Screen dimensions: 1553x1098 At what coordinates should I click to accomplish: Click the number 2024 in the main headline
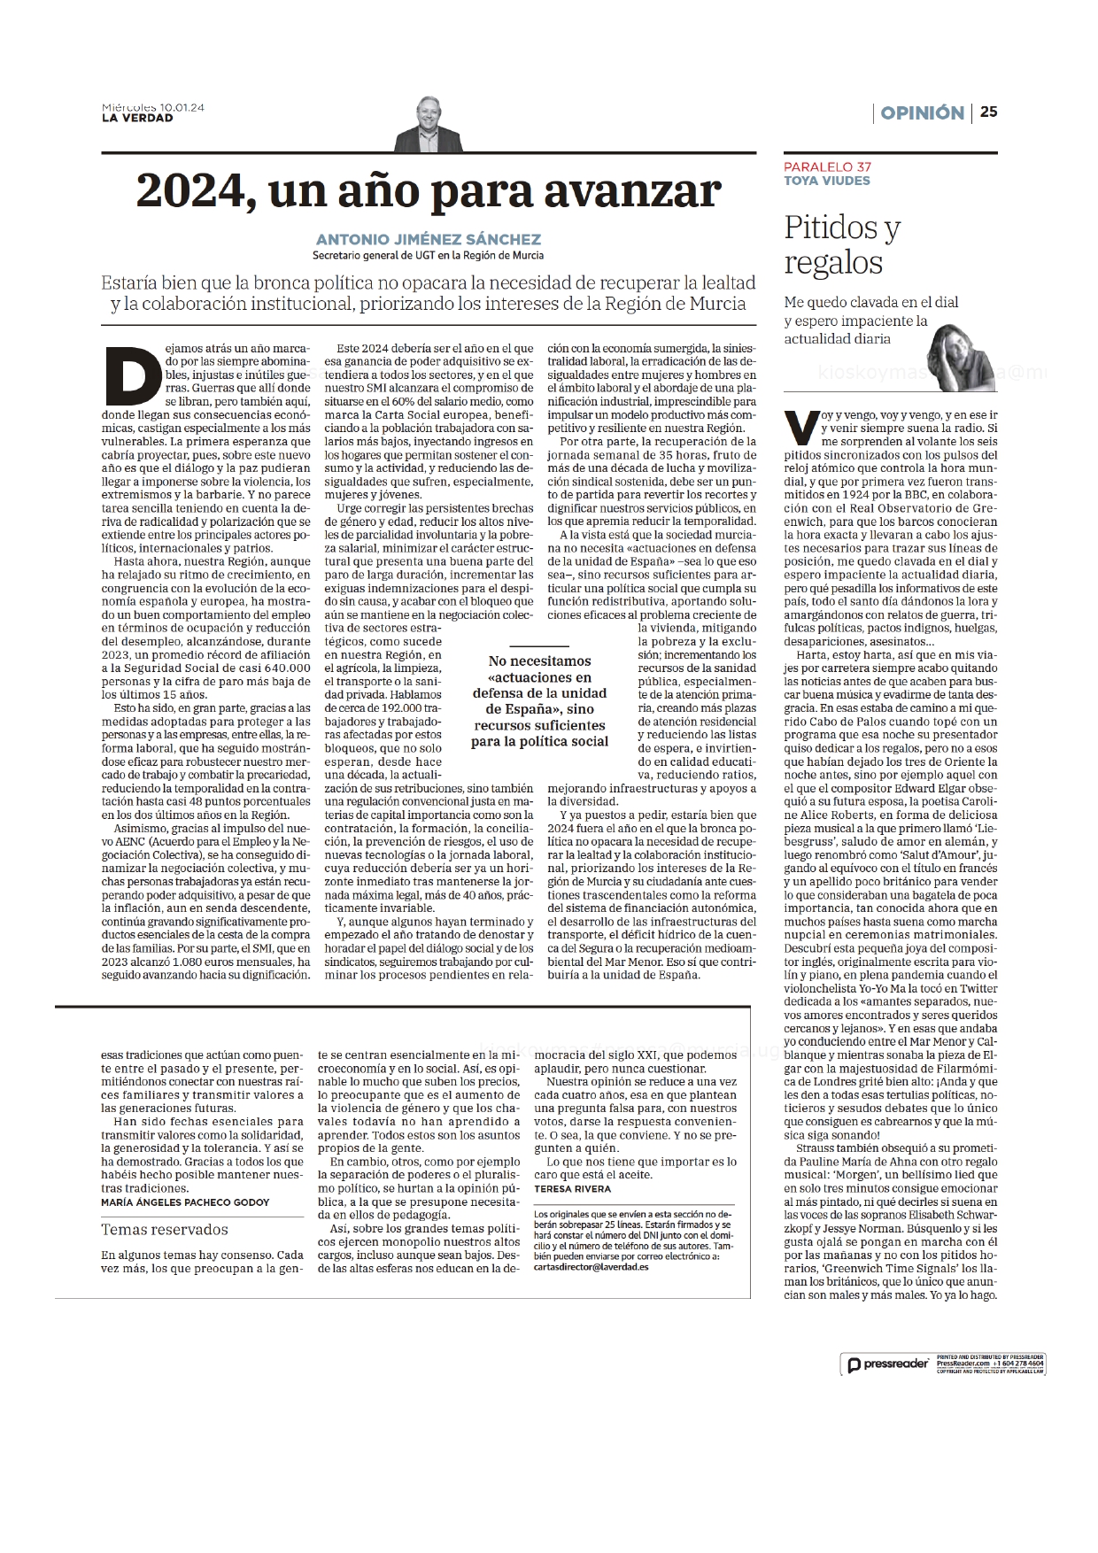189,190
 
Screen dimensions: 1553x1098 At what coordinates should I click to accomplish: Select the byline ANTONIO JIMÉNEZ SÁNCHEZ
429,239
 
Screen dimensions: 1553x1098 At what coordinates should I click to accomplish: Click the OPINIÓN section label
922,112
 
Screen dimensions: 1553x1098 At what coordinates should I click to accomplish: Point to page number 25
988,112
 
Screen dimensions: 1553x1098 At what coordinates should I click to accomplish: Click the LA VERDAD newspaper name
137,118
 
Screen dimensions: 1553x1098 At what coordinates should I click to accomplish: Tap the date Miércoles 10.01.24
153,107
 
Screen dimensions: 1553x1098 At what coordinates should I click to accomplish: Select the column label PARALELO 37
827,166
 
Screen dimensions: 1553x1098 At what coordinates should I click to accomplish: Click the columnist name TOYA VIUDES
827,181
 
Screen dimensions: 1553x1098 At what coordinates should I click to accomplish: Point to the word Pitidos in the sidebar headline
832,228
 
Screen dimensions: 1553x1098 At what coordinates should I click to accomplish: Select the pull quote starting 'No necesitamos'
539,700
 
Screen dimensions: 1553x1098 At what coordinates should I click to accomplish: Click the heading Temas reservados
165,1230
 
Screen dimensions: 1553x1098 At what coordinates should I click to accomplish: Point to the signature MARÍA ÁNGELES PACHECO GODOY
185,1202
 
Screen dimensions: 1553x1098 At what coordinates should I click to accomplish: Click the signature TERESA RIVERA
572,1189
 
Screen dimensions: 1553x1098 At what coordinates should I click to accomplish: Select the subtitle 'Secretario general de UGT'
429,256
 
